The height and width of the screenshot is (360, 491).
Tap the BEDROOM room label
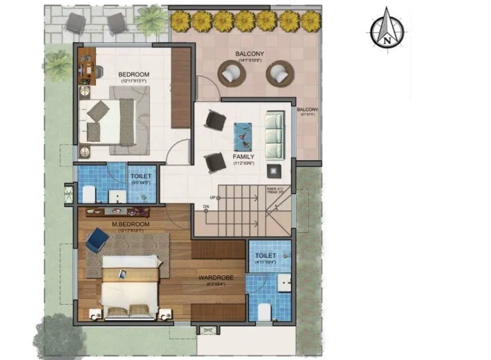tap(134, 74)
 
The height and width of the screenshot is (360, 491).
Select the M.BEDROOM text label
tap(131, 225)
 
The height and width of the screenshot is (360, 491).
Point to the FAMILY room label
tap(244, 157)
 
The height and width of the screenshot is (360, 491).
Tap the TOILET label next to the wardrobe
tap(266, 256)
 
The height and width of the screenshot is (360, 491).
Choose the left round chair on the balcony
tap(231, 74)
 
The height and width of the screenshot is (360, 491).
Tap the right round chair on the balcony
tap(279, 74)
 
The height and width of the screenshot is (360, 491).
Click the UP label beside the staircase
tap(212, 197)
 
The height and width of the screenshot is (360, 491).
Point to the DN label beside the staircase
tap(206, 206)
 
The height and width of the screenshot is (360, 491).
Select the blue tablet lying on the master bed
tap(123, 273)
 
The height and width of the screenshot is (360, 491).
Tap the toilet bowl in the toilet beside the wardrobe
tap(263, 310)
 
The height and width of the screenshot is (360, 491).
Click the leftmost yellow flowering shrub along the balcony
tap(179, 22)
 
